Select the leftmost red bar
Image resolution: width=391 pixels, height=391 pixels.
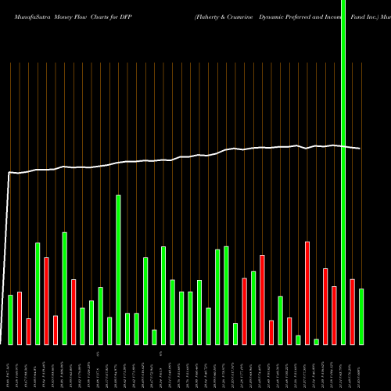(x=20, y=317)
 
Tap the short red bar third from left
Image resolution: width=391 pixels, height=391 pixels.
(x=29, y=331)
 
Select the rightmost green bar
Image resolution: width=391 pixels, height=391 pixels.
(x=361, y=316)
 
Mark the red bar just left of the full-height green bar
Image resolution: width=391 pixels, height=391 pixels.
(x=335, y=315)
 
